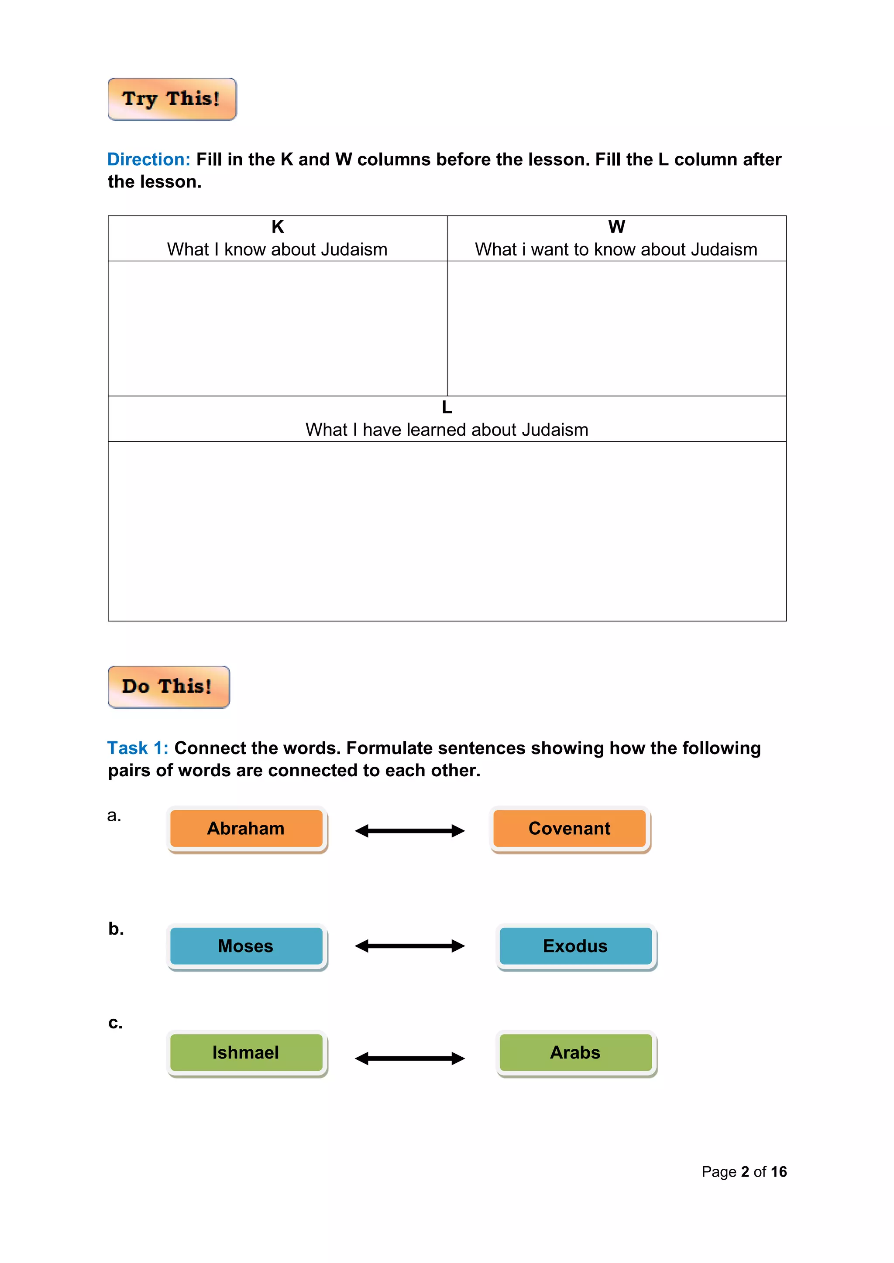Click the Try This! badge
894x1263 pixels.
pyautogui.click(x=172, y=99)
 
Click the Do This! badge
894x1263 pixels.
pyautogui.click(x=168, y=686)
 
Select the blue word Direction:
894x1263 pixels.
pyautogui.click(x=148, y=160)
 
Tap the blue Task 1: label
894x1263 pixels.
pyautogui.click(x=138, y=748)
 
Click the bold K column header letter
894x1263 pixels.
pyautogui.click(x=278, y=227)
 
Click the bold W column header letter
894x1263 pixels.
pyautogui.click(x=616, y=227)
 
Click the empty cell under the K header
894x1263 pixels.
pyautogui.click(x=278, y=328)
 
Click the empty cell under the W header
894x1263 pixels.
pyautogui.click(x=616, y=328)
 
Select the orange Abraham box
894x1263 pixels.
pyautogui.click(x=246, y=829)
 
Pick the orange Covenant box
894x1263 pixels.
pyautogui.click(x=569, y=829)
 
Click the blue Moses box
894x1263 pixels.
pyautogui.click(x=246, y=946)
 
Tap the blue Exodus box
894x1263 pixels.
pyautogui.click(x=575, y=946)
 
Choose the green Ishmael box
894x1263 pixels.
pyautogui.click(x=246, y=1052)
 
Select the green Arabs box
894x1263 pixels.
pyautogui.click(x=575, y=1052)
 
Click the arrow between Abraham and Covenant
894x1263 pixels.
pyautogui.click(x=409, y=831)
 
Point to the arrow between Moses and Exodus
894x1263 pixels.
pyautogui.click(x=409, y=946)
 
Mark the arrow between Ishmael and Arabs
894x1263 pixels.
pyautogui.click(x=409, y=1058)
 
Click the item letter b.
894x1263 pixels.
pyautogui.click(x=116, y=929)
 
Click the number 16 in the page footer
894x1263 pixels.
pyautogui.click(x=778, y=1172)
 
